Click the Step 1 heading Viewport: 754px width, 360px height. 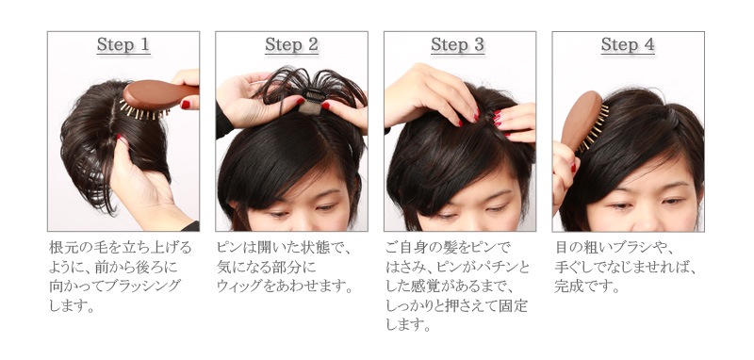click(123, 44)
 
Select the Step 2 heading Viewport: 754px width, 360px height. click(291, 44)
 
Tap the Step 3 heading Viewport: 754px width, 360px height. click(457, 44)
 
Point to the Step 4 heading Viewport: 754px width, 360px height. click(628, 44)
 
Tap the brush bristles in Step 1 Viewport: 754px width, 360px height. click(144, 111)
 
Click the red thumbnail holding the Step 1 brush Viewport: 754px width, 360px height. click(186, 105)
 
